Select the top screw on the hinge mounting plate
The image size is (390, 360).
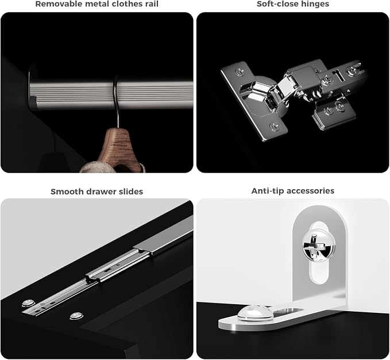240,71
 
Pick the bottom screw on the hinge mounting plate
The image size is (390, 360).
275,126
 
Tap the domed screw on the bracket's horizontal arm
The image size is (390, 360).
254,312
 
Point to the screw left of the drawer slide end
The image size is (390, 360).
28,303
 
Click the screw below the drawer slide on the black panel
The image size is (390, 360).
76,316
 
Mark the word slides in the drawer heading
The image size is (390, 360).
132,192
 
